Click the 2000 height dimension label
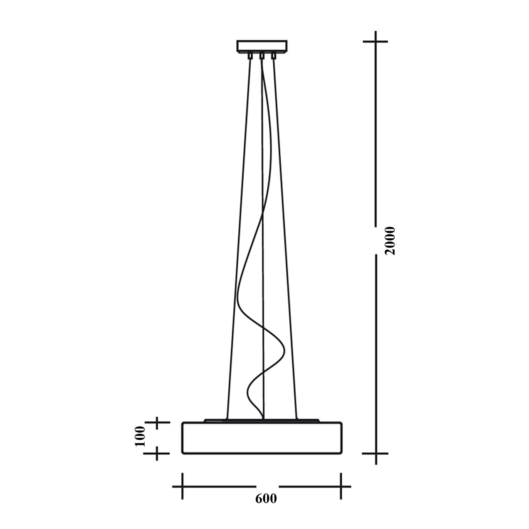coord(390,241)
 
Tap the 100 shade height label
coord(140,436)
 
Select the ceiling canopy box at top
coord(262,46)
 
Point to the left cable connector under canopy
coord(250,56)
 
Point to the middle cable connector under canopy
coord(262,56)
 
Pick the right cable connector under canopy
coord(274,56)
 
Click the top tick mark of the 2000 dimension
coord(376,41)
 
